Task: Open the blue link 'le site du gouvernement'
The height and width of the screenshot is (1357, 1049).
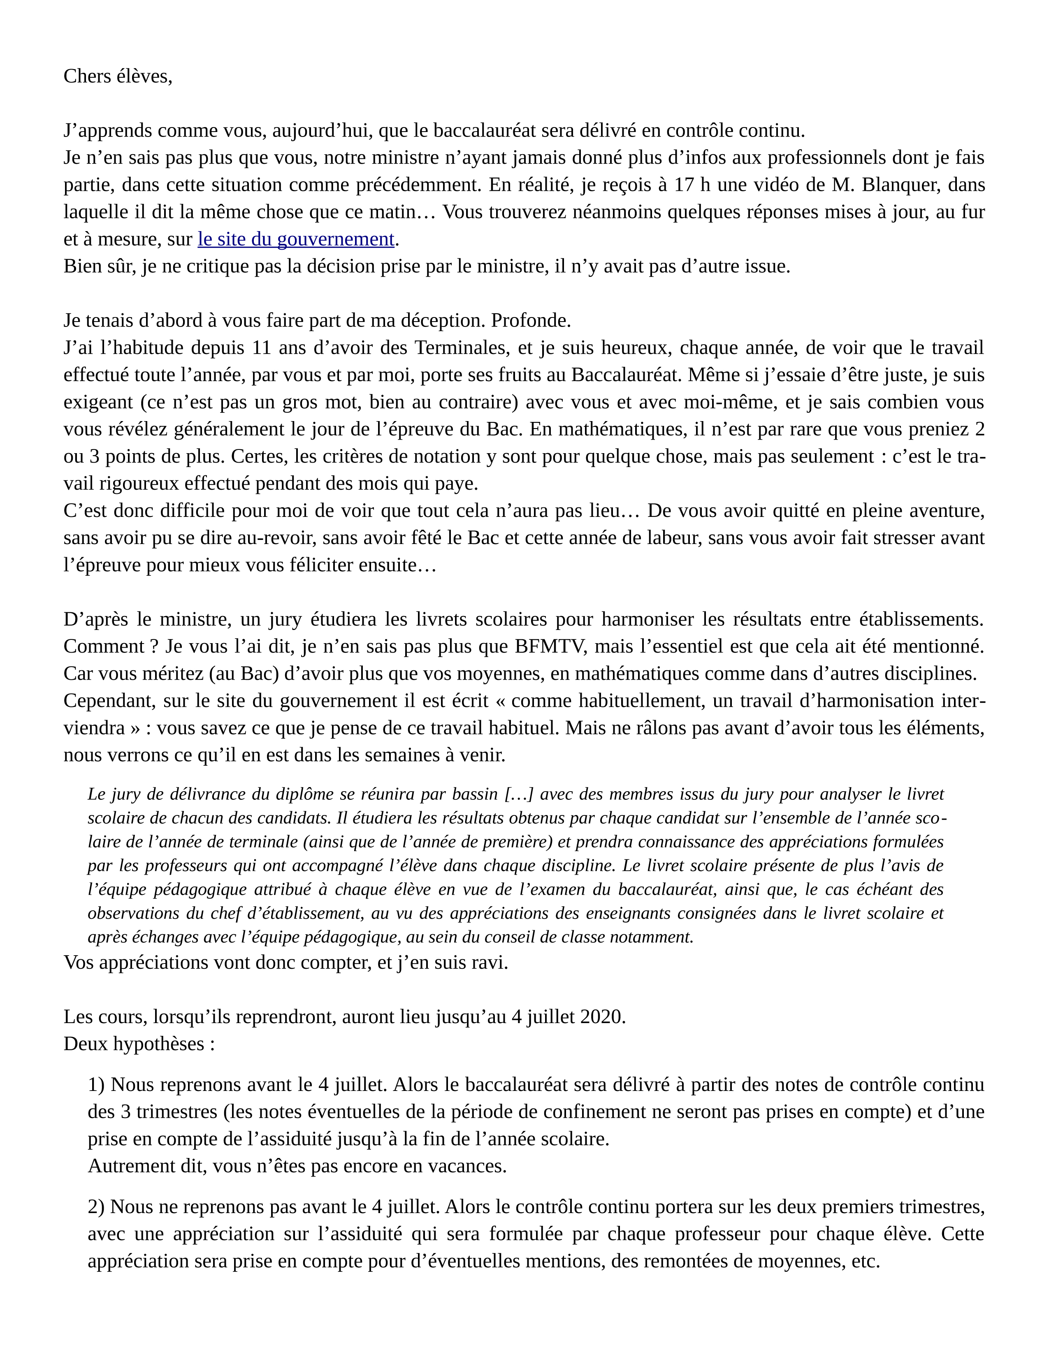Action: [x=296, y=239]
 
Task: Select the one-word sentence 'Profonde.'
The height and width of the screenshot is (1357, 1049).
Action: [x=531, y=321]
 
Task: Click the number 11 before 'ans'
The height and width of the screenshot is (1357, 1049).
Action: [x=262, y=348]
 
